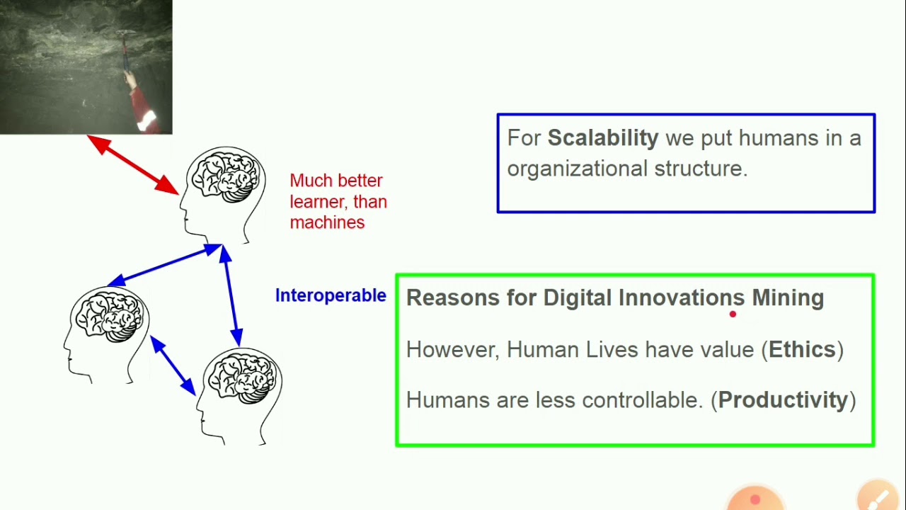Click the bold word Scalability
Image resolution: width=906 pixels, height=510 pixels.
point(602,138)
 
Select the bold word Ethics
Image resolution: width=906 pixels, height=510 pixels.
point(802,349)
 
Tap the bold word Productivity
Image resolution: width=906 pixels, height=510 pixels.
point(783,400)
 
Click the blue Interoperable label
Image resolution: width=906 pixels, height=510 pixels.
point(331,295)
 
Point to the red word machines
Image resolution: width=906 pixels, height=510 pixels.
point(327,222)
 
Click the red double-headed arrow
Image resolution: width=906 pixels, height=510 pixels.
point(133,164)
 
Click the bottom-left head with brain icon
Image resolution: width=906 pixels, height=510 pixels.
point(107,333)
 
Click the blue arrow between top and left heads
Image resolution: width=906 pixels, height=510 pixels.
point(165,265)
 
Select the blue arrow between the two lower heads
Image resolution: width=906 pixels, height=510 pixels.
point(173,365)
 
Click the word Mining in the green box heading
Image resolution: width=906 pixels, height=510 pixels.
point(787,297)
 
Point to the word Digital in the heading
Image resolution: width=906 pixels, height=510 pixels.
point(578,297)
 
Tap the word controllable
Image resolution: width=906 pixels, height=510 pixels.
point(642,400)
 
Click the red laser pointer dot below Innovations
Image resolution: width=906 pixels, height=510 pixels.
point(733,314)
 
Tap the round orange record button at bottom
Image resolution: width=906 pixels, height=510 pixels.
point(755,500)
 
